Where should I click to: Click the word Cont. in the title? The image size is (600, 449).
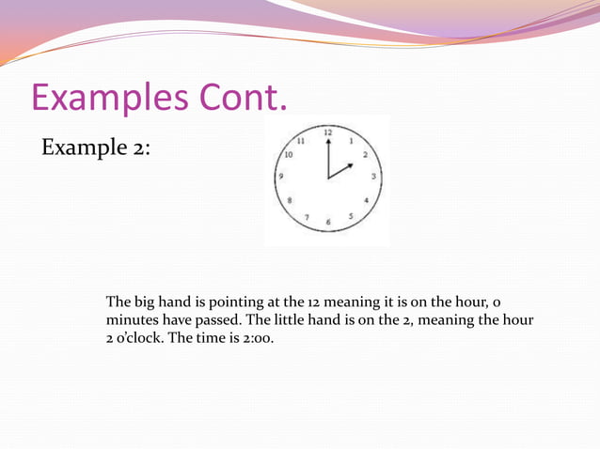pyautogui.click(x=242, y=98)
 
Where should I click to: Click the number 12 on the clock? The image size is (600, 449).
pyautogui.click(x=327, y=132)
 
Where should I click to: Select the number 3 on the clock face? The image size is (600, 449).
pyautogui.click(x=374, y=176)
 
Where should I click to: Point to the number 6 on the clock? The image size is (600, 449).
pyautogui.click(x=328, y=222)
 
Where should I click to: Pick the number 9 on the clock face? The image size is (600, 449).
pyautogui.click(x=282, y=176)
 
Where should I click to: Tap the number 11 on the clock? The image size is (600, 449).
pyautogui.click(x=301, y=141)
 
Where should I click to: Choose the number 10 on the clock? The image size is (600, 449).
pyautogui.click(x=288, y=156)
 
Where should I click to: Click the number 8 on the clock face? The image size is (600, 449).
pyautogui.click(x=290, y=200)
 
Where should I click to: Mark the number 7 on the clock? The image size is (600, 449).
pyautogui.click(x=306, y=216)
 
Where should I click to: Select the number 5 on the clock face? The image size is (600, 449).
pyautogui.click(x=351, y=215)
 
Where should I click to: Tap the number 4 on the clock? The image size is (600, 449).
pyautogui.click(x=367, y=200)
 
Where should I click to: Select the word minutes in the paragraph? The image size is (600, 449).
pyautogui.click(x=134, y=320)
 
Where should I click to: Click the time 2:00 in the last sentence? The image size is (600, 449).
pyautogui.click(x=256, y=338)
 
